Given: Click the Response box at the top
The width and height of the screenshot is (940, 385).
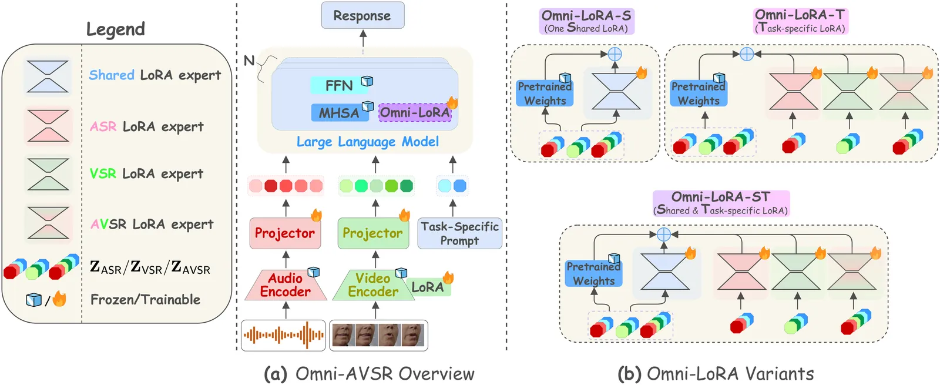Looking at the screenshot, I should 362,15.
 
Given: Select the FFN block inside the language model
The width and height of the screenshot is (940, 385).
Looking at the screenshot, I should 339,86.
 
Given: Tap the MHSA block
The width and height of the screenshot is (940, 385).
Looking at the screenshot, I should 339,113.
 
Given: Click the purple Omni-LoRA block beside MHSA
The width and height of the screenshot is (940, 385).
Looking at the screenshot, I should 415,112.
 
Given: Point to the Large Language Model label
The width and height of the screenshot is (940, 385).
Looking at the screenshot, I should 367,142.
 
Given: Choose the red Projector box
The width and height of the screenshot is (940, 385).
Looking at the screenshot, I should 285,233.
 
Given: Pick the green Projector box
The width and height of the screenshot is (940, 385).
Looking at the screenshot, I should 373,233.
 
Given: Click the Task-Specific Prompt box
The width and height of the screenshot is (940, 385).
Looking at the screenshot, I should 459,233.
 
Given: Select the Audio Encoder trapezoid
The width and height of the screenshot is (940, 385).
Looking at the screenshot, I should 286,285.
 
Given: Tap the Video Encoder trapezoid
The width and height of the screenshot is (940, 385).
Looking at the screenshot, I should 372,285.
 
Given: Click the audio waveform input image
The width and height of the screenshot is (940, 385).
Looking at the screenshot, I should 283,335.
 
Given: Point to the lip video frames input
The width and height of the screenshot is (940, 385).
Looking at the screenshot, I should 378,335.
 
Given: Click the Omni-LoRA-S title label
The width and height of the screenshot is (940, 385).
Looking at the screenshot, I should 586,21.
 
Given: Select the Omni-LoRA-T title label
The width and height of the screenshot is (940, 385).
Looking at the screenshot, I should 800,21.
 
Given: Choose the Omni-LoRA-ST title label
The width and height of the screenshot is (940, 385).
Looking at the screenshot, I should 721,203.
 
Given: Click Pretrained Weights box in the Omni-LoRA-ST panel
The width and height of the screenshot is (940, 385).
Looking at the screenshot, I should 593,274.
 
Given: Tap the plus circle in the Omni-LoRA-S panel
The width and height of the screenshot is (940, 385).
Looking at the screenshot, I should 615,54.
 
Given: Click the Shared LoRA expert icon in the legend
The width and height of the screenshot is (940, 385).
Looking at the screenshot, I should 48,76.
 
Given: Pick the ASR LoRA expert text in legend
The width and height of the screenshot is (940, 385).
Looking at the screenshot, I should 147,126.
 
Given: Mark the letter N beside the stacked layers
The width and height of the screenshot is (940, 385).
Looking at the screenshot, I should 249,61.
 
